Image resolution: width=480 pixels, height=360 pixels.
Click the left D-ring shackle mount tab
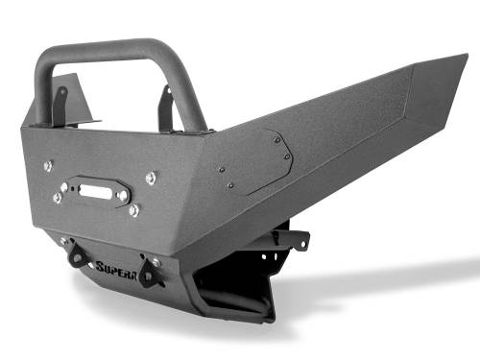pos(74,254)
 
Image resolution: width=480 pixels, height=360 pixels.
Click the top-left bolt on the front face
pos(47,166)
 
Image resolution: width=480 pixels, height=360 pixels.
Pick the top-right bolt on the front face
pos(152,178)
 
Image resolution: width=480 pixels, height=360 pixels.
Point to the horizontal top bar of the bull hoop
pos(115,49)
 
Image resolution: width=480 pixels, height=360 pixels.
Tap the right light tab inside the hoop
pos(166,108)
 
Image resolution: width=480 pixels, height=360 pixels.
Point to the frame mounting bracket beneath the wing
pos(288,238)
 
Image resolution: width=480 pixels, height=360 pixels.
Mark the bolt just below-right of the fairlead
pos(134,208)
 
